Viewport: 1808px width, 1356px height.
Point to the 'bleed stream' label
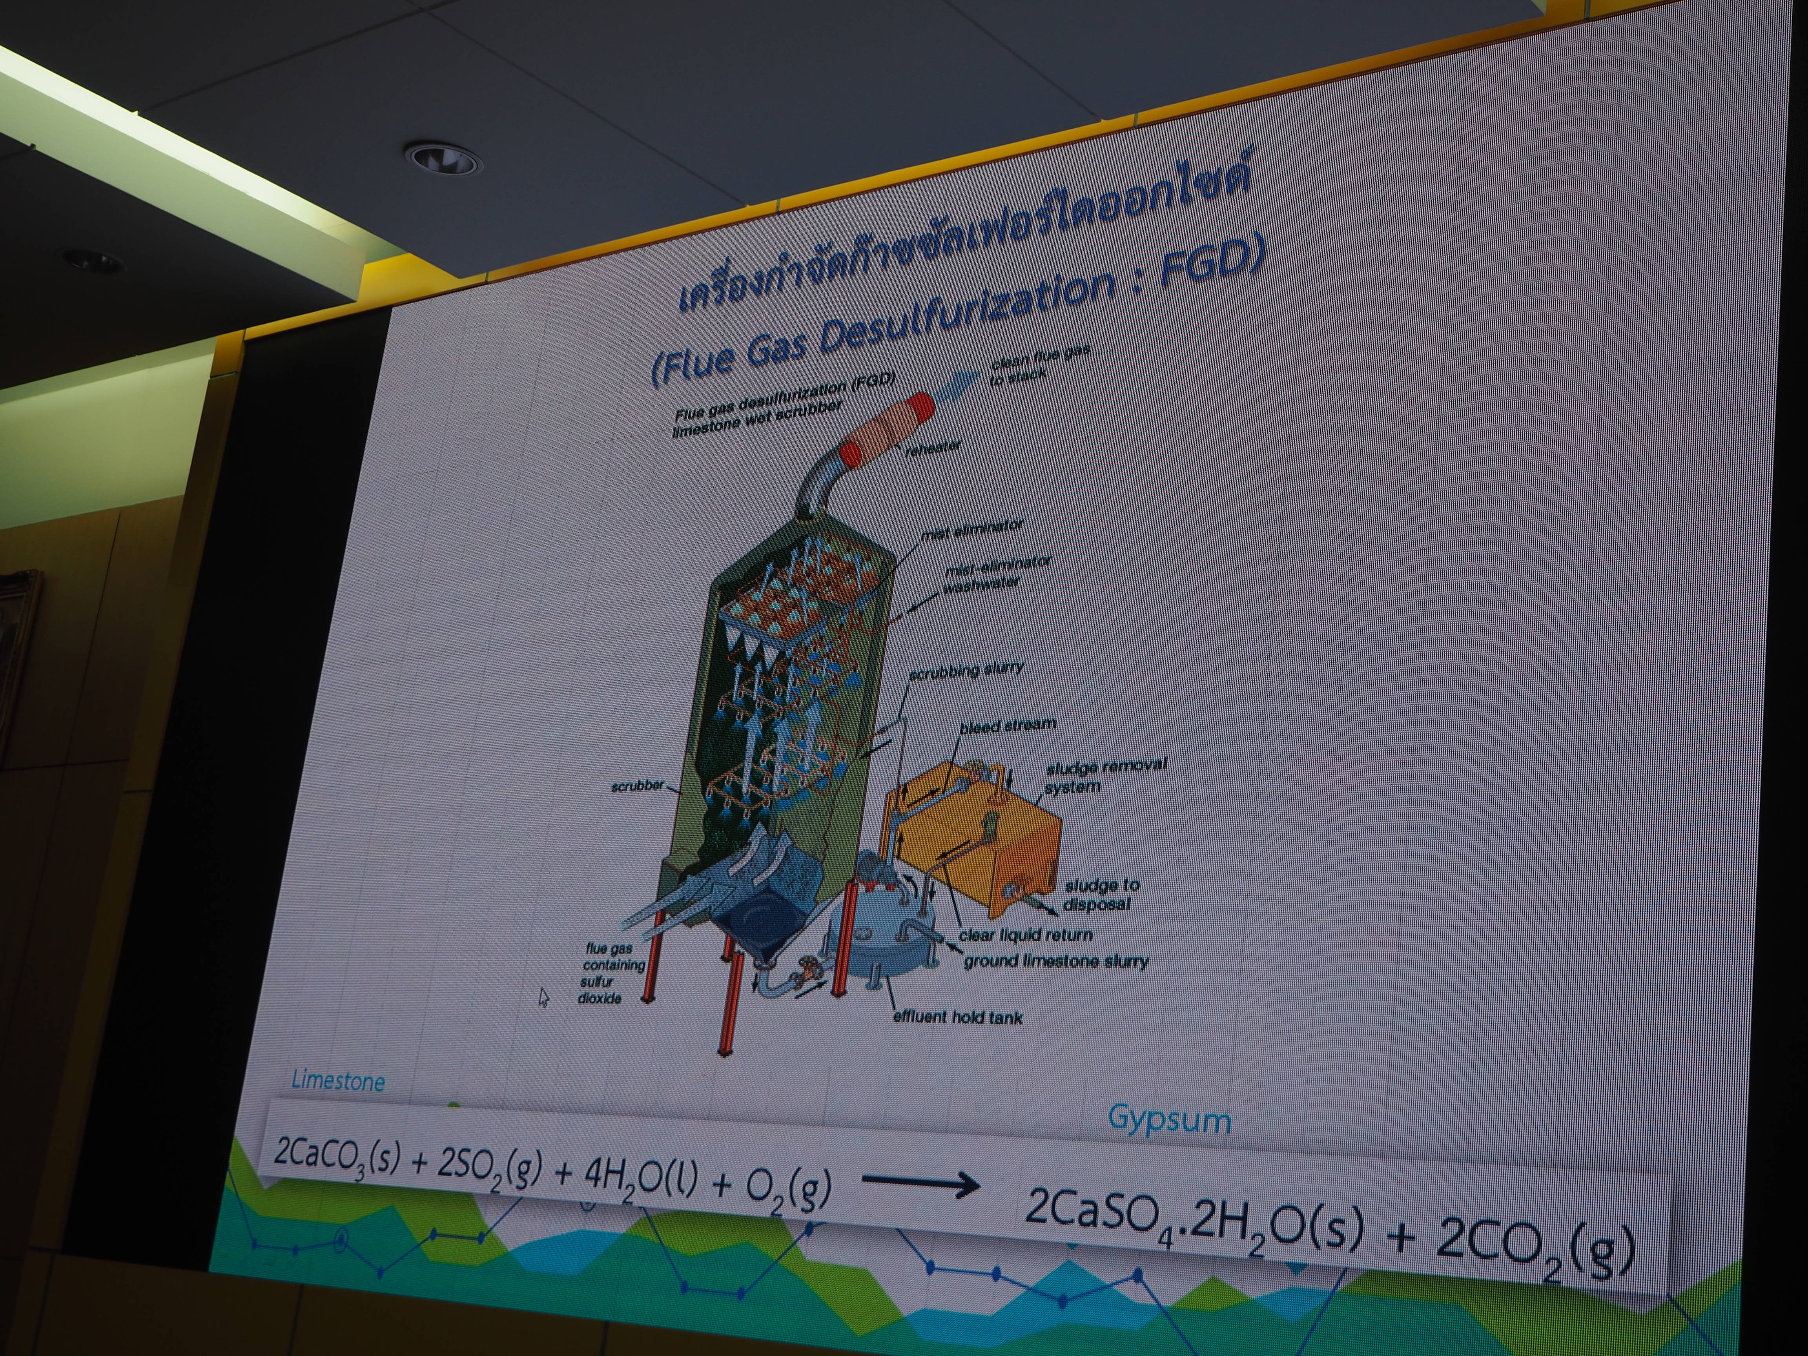point(1008,726)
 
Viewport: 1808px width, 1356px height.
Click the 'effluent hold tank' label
point(957,1017)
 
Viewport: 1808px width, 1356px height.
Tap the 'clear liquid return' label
point(1025,934)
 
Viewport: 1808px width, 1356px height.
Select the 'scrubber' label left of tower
point(638,786)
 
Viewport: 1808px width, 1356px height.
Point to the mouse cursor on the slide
point(543,997)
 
